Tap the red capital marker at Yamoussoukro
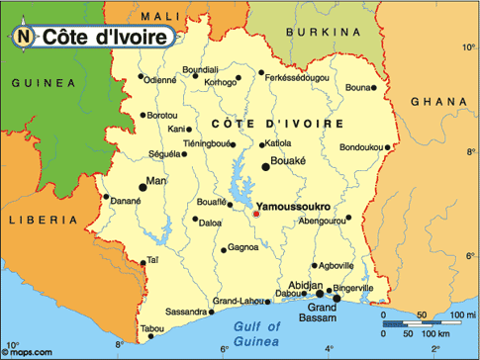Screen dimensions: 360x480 pyautogui.click(x=256, y=214)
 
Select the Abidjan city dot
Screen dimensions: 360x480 pyautogui.click(x=319, y=292)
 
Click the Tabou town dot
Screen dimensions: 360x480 pyautogui.click(x=151, y=337)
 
